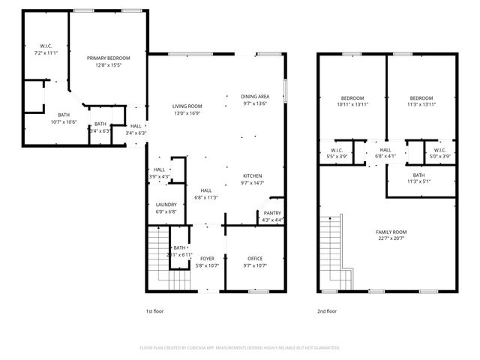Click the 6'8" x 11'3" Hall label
(x=205, y=193)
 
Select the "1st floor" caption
(x=154, y=310)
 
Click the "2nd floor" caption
(x=327, y=310)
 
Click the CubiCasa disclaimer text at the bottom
(x=240, y=348)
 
